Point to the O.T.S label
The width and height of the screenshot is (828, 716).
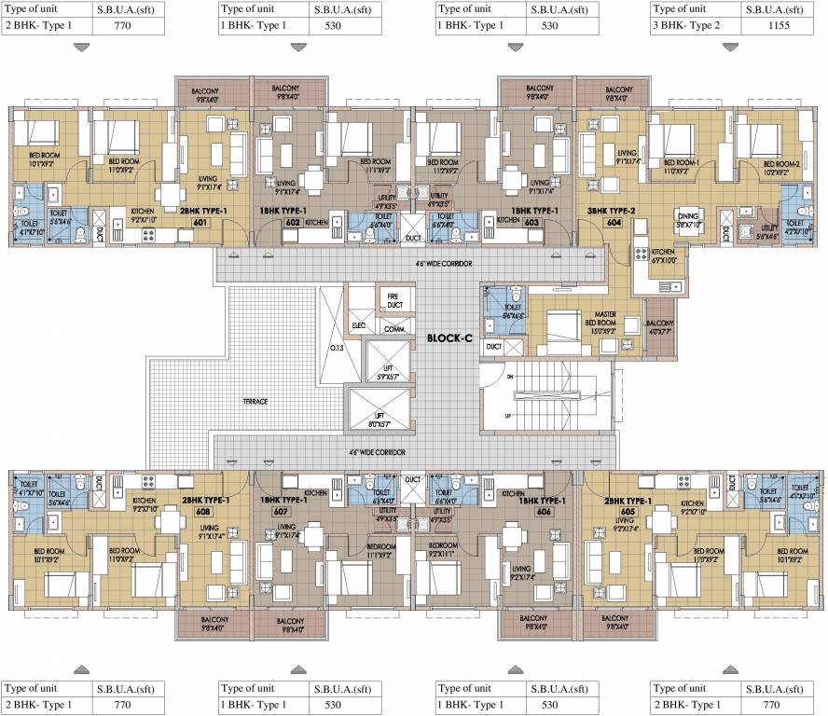point(337,349)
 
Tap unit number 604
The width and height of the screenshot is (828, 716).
point(588,223)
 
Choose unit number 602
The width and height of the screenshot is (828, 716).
point(292,223)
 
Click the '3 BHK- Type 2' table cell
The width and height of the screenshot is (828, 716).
point(694,25)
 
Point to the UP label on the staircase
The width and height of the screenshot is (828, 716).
point(507,415)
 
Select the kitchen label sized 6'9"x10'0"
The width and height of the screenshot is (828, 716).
point(663,255)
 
